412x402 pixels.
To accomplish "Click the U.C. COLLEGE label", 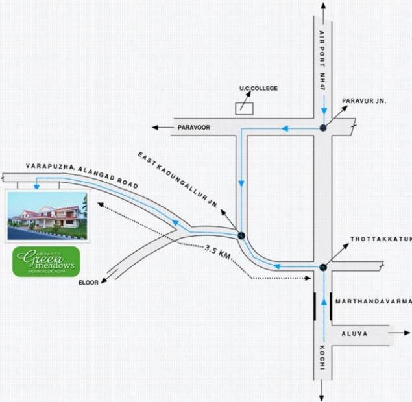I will (258, 88).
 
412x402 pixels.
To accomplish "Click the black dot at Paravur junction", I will (323, 128).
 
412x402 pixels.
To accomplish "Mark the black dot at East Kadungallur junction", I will (241, 235).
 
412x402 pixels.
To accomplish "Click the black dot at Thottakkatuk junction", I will (322, 266).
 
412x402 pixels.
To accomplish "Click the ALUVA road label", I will (355, 333).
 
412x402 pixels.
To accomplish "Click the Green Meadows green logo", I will (46, 261).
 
